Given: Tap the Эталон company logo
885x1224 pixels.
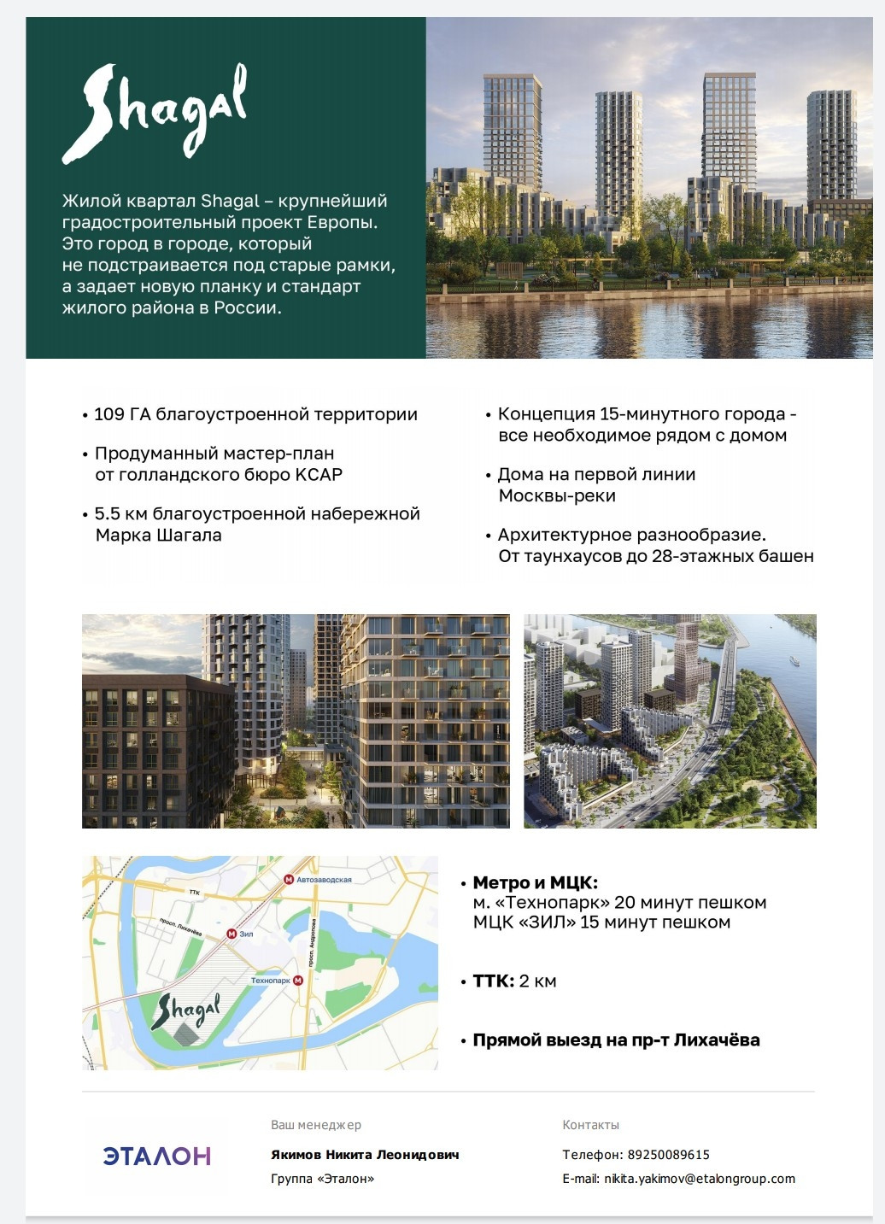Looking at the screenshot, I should [x=156, y=1156].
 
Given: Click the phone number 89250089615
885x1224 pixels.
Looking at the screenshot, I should [x=668, y=1155].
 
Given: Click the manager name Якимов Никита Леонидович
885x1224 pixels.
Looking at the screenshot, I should [x=365, y=1155].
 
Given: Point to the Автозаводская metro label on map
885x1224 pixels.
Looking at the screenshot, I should [x=323, y=879].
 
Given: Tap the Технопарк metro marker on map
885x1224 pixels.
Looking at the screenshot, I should [x=298, y=981].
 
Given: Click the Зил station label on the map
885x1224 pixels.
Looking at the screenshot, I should [x=246, y=934].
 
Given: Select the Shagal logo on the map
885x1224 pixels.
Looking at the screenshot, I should [x=185, y=1013].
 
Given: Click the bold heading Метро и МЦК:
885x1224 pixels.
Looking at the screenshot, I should [x=535, y=882].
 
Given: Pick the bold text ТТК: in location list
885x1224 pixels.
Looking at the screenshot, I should [x=493, y=981].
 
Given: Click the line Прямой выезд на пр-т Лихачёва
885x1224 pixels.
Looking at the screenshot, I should [x=615, y=1040].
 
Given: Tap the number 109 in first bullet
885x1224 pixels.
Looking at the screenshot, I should [x=108, y=414].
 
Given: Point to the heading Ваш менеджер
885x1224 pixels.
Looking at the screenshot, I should [x=316, y=1125].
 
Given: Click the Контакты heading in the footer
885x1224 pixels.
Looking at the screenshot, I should [x=590, y=1125].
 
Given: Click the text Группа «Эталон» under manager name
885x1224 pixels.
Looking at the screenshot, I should [x=322, y=1179].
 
